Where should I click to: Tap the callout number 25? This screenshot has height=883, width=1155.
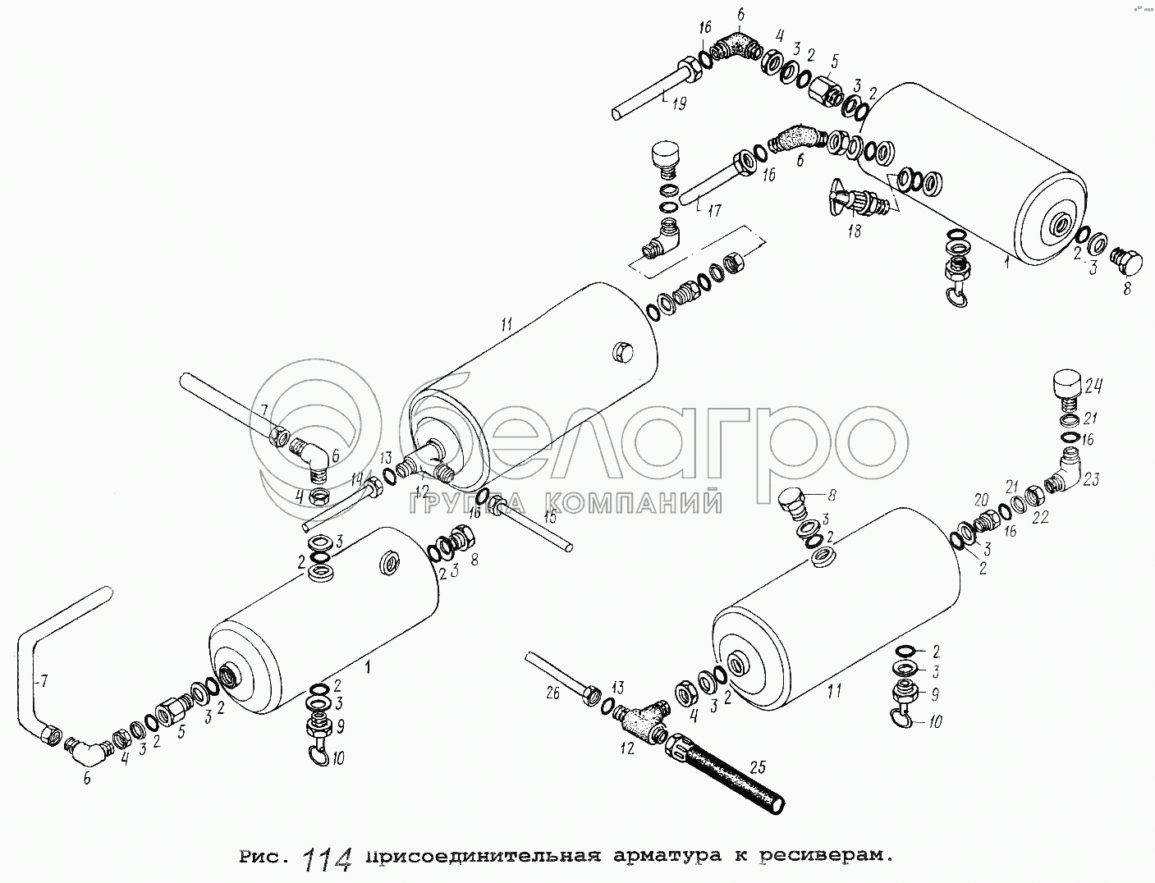tap(757, 767)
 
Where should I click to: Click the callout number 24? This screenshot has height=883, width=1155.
tap(1092, 387)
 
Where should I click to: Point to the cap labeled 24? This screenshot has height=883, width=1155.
tap(1066, 391)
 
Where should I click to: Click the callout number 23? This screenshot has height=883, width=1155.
tap(1091, 479)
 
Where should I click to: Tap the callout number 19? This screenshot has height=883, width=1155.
tap(680, 103)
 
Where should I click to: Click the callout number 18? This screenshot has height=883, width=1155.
tap(854, 230)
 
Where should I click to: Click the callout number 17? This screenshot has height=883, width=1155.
tap(713, 211)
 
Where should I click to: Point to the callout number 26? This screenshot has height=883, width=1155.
tap(552, 693)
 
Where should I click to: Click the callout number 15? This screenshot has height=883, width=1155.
tap(549, 517)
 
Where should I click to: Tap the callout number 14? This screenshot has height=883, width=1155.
tap(357, 478)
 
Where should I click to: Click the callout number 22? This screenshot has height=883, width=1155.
tap(1040, 517)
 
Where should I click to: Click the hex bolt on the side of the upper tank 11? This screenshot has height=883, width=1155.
tap(622, 351)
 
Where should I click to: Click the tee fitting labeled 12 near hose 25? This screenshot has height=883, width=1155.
tap(641, 721)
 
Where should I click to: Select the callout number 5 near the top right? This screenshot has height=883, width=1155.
tap(835, 62)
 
